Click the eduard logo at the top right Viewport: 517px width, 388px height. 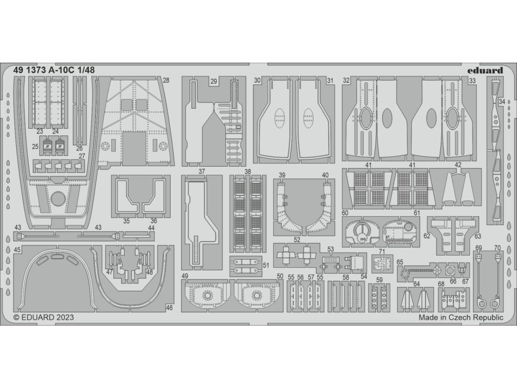click(488, 71)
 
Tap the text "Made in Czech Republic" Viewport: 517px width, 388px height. click(461, 318)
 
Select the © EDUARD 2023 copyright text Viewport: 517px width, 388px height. click(43, 318)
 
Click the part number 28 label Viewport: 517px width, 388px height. click(166, 80)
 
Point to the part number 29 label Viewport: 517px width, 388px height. click(214, 81)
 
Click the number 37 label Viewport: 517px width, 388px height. click(201, 171)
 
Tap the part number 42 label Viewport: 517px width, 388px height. click(458, 165)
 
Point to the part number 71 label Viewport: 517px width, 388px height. click(382, 251)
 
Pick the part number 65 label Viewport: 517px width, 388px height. click(399, 262)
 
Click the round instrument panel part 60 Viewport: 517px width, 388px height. click(360, 232)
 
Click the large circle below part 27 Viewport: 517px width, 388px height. click(58, 199)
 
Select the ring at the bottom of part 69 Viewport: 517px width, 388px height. click(481, 303)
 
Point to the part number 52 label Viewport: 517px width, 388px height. click(297, 239)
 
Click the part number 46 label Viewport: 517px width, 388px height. click(169, 307)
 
